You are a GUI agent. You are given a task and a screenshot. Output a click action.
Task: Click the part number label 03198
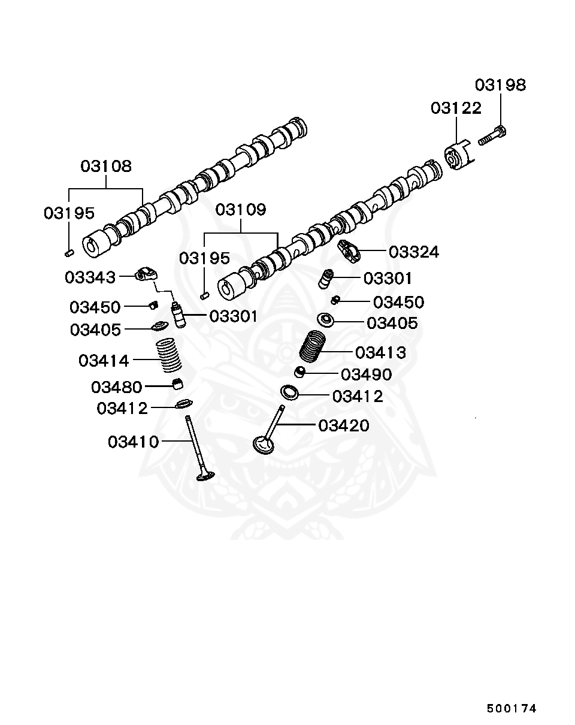coord(501,85)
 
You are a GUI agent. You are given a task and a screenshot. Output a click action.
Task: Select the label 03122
coord(456,108)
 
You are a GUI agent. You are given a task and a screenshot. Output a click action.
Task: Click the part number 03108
coord(106,166)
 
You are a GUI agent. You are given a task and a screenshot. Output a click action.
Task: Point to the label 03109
coord(241,210)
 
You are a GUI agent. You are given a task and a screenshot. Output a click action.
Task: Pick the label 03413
coord(380,352)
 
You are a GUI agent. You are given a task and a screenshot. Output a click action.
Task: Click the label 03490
coord(366,374)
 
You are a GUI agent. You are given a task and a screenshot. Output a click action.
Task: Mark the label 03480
coord(116,387)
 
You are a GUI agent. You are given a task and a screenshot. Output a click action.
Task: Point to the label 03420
coord(343,425)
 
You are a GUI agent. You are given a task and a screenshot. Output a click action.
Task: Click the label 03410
coord(133,442)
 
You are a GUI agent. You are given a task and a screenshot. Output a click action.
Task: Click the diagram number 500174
coord(511,708)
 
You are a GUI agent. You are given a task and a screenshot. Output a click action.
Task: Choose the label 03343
coord(90,277)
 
